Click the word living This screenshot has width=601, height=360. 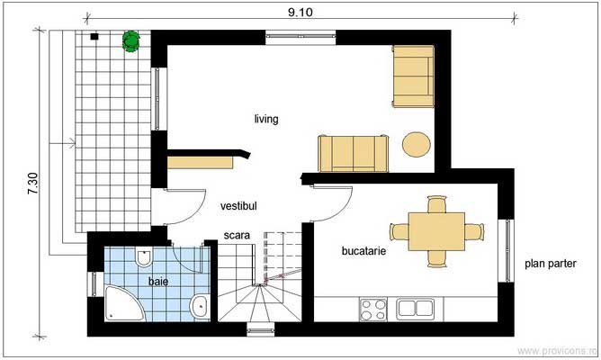click(x=265, y=119)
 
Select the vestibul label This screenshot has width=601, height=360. click(x=238, y=206)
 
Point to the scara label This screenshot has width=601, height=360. click(x=238, y=238)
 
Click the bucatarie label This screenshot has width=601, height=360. click(x=364, y=252)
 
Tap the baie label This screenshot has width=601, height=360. click(x=158, y=282)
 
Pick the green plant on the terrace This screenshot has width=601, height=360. click(x=131, y=40)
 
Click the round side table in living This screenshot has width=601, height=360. click(x=416, y=145)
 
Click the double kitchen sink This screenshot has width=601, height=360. click(x=417, y=309)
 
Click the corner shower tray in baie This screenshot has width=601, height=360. click(x=117, y=304)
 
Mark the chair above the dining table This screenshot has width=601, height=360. click(x=436, y=205)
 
